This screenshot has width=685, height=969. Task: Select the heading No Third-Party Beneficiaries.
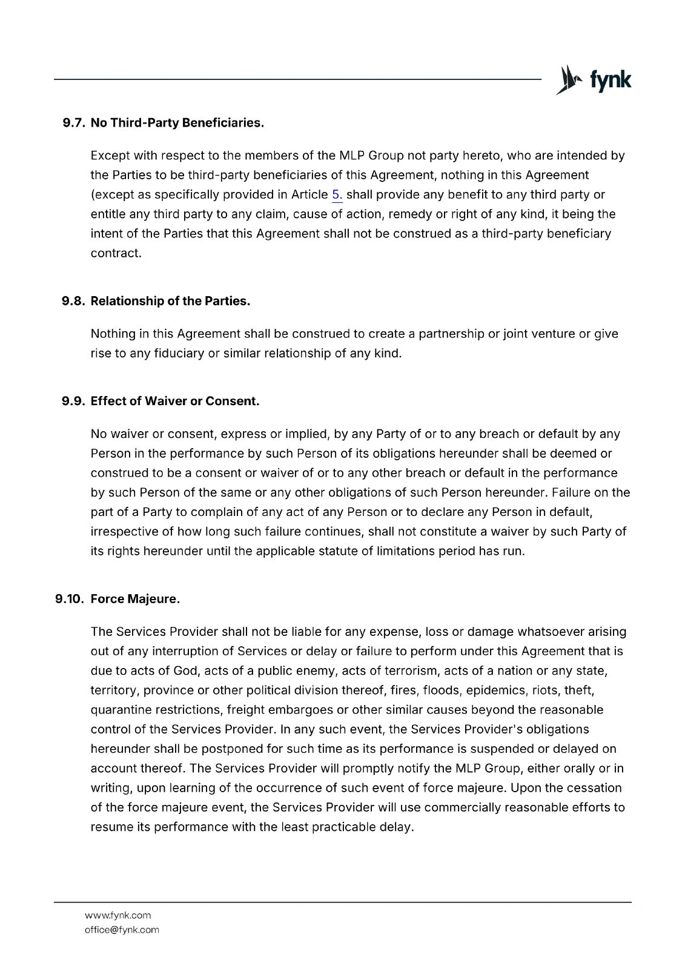coord(177,123)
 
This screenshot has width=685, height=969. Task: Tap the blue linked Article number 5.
coord(337,195)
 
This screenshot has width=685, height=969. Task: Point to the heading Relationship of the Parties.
coord(170,301)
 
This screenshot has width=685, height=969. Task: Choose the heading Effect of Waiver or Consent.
coord(175,401)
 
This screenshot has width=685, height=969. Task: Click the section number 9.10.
coord(70,599)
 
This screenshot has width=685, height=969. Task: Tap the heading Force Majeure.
coord(135,599)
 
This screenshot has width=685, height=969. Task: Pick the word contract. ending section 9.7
coord(116,253)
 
